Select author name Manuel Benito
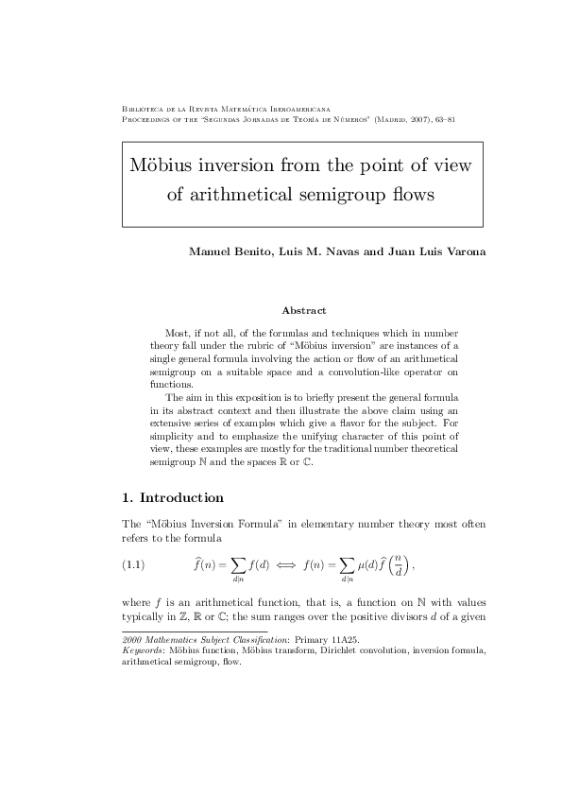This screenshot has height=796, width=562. [x=224, y=252]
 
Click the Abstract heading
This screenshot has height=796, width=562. [x=304, y=310]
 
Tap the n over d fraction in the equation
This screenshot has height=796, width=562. [x=401, y=566]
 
